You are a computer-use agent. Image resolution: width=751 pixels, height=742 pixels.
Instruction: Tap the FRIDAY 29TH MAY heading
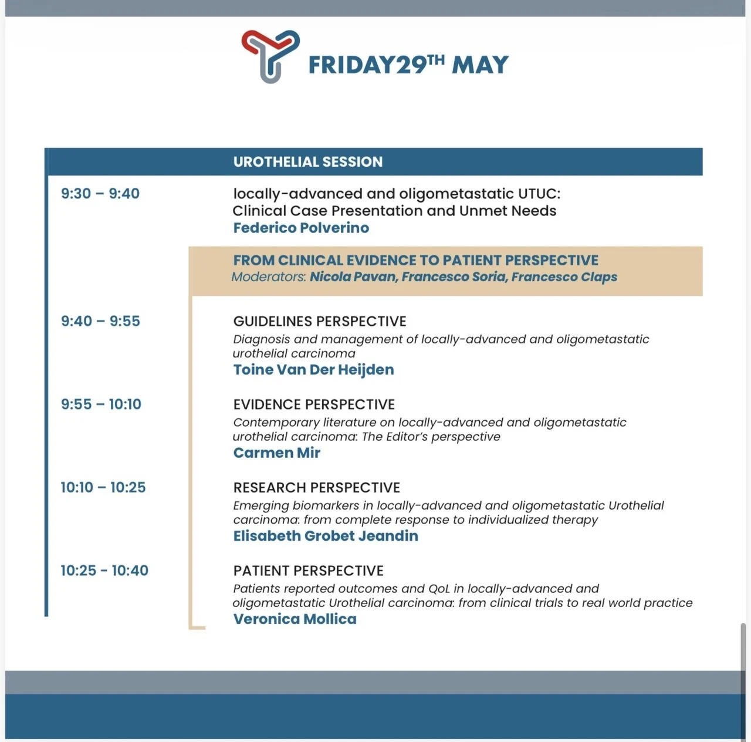pos(408,65)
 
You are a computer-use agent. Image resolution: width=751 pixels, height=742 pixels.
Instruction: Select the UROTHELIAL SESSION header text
pos(308,162)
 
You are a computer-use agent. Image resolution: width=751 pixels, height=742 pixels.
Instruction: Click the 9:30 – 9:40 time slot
pos(100,194)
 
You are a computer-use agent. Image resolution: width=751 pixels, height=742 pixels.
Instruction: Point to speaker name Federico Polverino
pos(301,228)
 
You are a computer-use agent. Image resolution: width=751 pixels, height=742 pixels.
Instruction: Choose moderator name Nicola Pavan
pos(353,276)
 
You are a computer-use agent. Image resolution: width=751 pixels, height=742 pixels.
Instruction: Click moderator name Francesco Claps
pos(564,276)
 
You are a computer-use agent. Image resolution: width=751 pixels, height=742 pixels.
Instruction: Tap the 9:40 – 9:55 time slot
pos(100,321)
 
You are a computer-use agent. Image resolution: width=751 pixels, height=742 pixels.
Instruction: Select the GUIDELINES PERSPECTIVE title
pos(320,322)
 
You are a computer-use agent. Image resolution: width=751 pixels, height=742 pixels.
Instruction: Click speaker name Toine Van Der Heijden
pos(313,370)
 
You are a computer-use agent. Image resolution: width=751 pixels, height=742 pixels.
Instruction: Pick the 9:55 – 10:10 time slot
pos(101,404)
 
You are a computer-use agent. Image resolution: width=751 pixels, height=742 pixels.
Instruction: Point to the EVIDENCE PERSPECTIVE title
pos(314,404)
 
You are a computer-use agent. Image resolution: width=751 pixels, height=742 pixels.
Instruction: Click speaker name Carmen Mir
pos(277,453)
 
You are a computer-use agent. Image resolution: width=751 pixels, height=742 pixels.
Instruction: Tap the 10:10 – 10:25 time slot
pos(103,487)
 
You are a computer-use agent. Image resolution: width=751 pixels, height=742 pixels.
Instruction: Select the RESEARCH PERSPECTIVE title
pos(316,488)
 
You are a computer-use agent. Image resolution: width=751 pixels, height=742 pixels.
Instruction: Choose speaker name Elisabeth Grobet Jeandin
pos(326,536)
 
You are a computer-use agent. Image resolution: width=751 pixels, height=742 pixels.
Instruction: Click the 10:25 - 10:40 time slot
pos(104,571)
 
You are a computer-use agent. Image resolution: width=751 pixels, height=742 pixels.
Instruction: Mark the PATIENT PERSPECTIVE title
pos(308,571)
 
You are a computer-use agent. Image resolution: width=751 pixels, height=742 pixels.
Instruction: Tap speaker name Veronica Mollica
pos(295,619)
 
